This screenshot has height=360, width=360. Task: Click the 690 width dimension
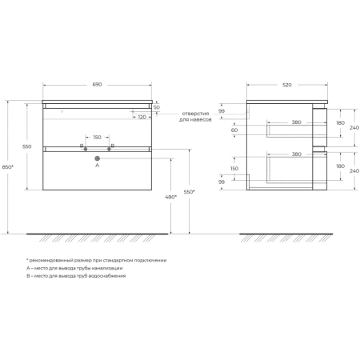(97, 85)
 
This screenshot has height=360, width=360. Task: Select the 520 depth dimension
(287, 85)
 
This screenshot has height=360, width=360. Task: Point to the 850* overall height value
(8, 167)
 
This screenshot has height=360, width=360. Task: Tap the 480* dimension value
(171, 197)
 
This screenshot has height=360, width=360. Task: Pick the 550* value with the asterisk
(190, 192)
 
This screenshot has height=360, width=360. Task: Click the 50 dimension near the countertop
(157, 107)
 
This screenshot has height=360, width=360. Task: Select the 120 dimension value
(142, 117)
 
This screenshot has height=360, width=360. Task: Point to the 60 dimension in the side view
(234, 130)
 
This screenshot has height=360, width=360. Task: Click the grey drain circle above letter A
(98, 158)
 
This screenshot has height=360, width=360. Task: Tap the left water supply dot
(86, 149)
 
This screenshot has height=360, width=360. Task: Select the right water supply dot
(109, 149)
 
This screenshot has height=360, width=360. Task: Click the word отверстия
(195, 114)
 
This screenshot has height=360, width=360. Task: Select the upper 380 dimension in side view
(296, 122)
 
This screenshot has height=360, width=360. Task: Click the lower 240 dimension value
(354, 170)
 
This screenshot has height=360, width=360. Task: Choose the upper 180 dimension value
(340, 123)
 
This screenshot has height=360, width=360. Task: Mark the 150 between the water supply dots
(97, 138)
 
